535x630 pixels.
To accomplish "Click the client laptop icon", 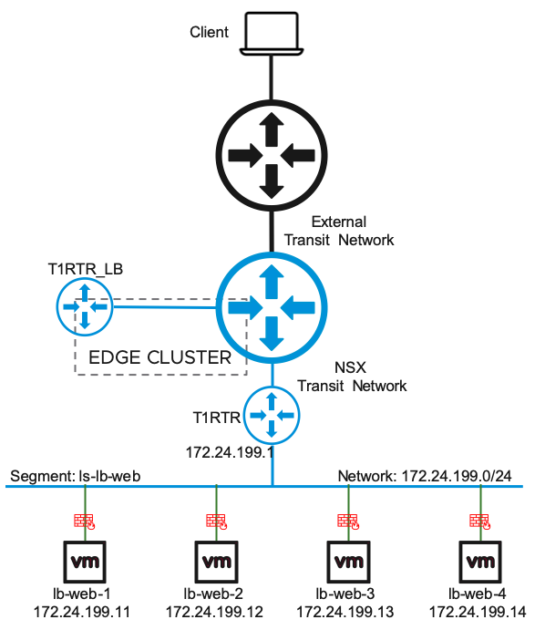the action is click(x=272, y=34).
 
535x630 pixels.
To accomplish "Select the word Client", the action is click(x=209, y=32).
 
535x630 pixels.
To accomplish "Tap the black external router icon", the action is click(x=272, y=156).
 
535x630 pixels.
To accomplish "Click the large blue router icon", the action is click(x=272, y=308).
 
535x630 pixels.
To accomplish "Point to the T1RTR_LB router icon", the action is click(x=85, y=307).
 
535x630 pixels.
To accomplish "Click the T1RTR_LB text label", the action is click(x=85, y=269).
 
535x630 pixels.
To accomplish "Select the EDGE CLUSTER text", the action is click(x=159, y=357).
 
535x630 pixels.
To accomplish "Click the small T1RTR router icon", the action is click(x=272, y=415).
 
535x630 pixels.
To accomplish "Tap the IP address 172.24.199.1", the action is click(x=230, y=452).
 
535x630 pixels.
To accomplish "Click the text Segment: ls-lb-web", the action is click(x=76, y=476).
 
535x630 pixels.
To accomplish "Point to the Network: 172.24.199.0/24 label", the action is click(x=425, y=476).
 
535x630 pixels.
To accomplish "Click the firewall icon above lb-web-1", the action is click(x=85, y=522).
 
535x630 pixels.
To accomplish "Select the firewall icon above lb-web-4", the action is click(x=480, y=522).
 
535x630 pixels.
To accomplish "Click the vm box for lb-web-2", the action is click(x=217, y=562).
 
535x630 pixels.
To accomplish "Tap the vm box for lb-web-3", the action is click(x=349, y=562).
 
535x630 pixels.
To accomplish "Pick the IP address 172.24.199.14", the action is click(x=478, y=612).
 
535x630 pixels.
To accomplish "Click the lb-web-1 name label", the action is click(x=82, y=594).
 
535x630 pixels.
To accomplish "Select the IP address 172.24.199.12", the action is click(x=214, y=612).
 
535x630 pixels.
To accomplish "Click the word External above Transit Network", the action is click(x=339, y=222).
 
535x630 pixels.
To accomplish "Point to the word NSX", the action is click(x=350, y=367).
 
